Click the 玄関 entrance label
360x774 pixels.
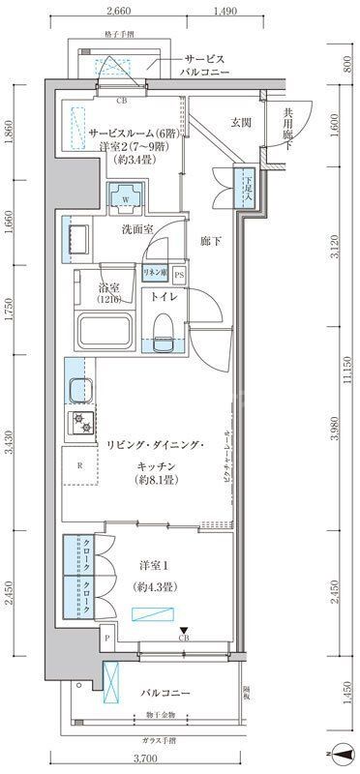click(x=241, y=122)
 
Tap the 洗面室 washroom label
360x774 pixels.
click(x=136, y=229)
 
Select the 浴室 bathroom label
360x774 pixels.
click(x=108, y=288)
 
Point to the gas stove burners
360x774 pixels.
click(x=77, y=422)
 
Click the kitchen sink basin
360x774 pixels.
click(x=76, y=392)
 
